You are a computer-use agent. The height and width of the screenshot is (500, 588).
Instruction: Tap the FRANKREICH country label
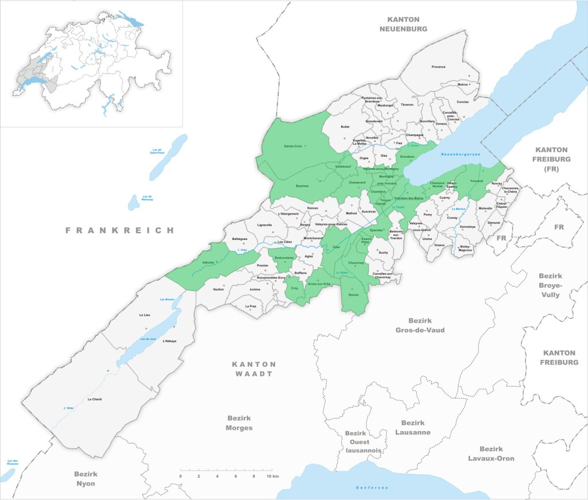[119, 230]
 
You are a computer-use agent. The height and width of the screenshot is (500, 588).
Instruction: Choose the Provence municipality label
[438, 67]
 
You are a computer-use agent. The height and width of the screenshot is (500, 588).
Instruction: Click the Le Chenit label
[94, 399]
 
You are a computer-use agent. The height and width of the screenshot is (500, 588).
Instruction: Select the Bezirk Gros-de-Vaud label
[420, 325]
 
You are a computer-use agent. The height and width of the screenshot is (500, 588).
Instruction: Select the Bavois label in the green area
[354, 295]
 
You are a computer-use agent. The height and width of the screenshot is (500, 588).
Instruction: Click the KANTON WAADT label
[254, 369]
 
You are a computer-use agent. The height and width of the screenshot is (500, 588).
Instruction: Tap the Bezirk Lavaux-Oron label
[491, 454]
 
